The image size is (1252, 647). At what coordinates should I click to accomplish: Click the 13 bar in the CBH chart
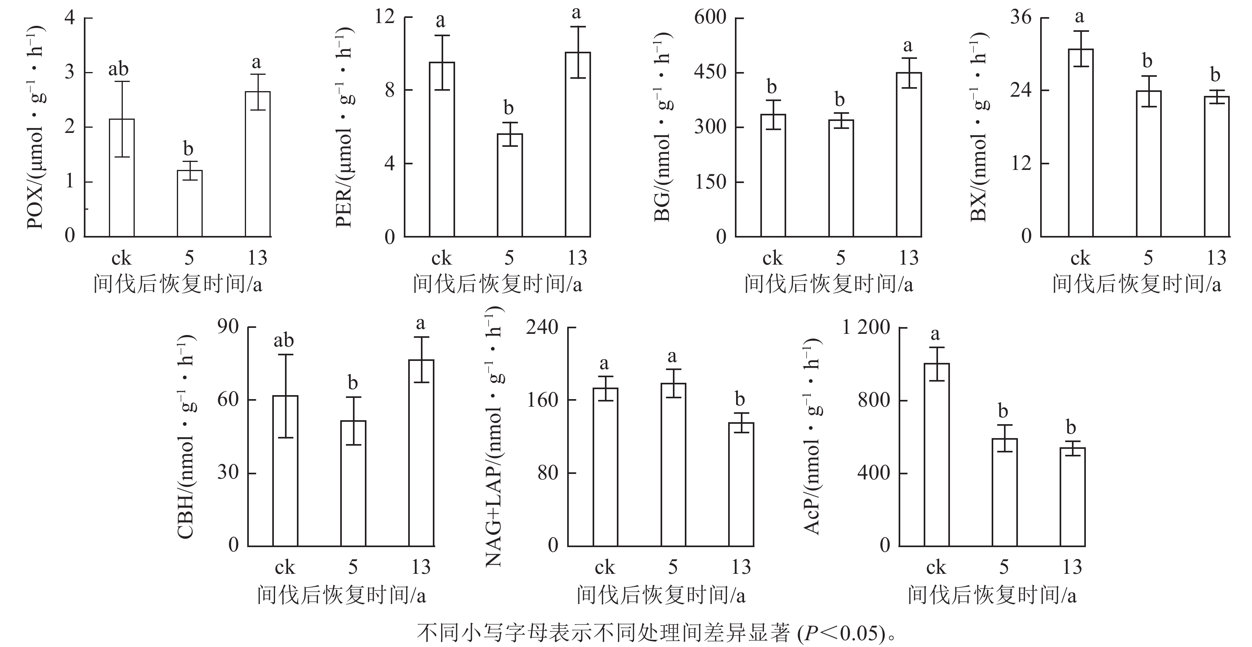[421, 453]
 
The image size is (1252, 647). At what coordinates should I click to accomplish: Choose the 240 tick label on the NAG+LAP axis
[542, 327]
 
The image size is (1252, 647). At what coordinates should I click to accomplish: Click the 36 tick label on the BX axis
[1021, 18]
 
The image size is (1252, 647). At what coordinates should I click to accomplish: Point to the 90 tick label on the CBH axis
[228, 327]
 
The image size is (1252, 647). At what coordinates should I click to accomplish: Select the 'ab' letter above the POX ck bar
[118, 70]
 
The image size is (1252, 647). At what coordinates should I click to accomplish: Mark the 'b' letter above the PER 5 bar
[508, 107]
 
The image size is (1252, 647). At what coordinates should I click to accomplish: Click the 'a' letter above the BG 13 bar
[907, 46]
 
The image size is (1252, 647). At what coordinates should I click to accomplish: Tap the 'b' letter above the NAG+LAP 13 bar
[740, 400]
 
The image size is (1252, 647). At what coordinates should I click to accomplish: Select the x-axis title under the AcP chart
[992, 595]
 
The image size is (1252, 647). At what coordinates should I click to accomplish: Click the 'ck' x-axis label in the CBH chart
[285, 567]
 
